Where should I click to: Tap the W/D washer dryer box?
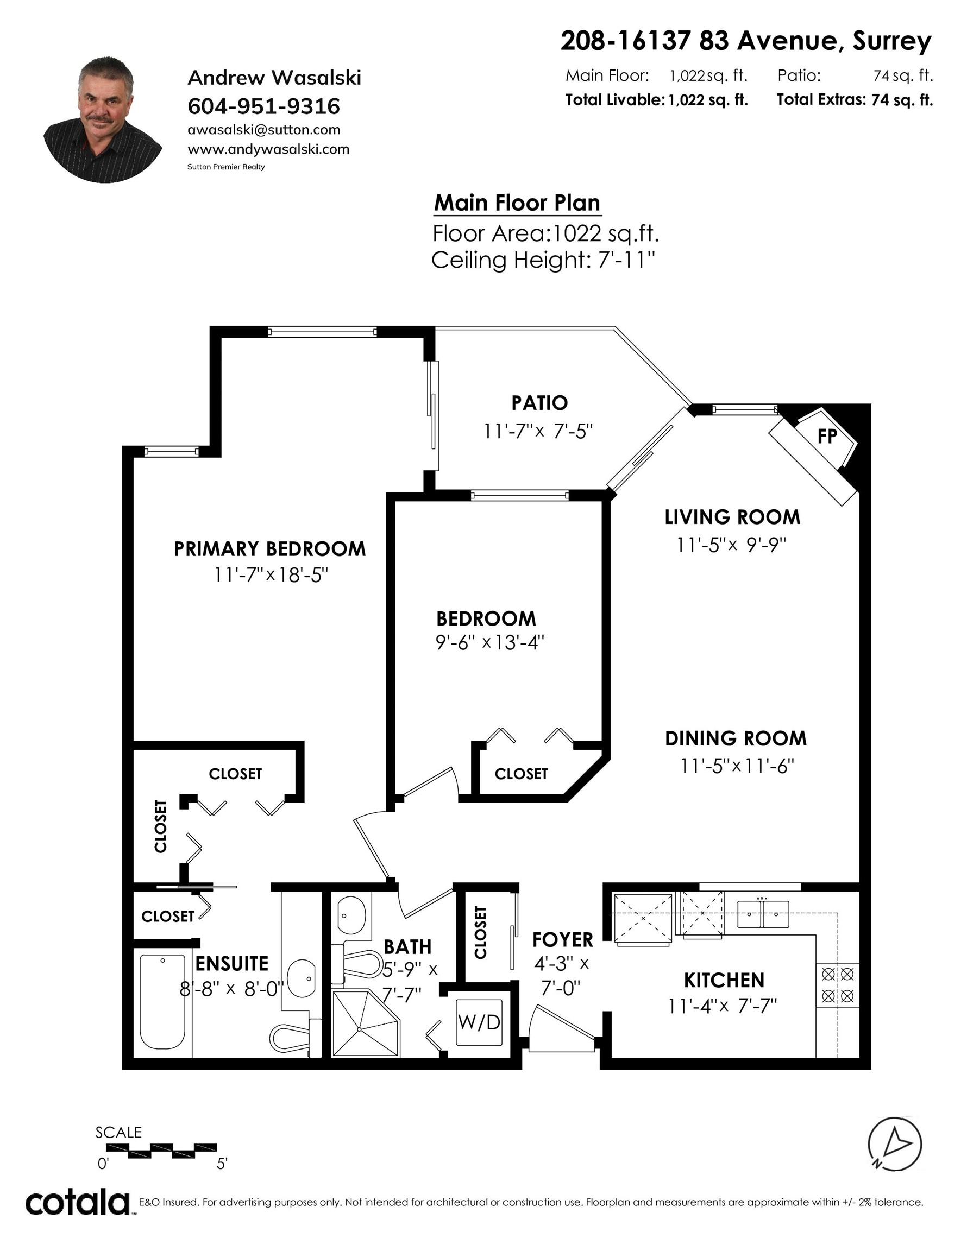[479, 1022]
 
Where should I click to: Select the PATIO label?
[539, 403]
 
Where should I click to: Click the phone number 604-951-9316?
[263, 106]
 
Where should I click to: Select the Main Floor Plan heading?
[517, 203]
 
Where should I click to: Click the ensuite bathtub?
[164, 1002]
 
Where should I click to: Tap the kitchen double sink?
[763, 914]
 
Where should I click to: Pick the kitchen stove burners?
[838, 984]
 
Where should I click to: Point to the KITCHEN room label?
[724, 980]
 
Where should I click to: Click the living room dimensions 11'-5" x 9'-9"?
[731, 545]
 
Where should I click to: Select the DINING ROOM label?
[736, 738]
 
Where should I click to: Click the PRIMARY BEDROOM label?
[269, 549]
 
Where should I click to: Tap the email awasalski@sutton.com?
[263, 130]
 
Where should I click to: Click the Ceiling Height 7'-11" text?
[543, 261]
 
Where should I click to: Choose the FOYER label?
[562, 939]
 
